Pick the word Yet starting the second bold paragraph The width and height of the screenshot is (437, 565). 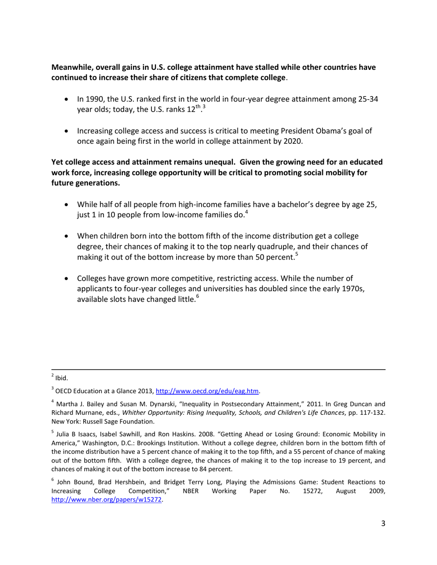57,162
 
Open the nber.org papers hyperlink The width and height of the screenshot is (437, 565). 107,500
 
